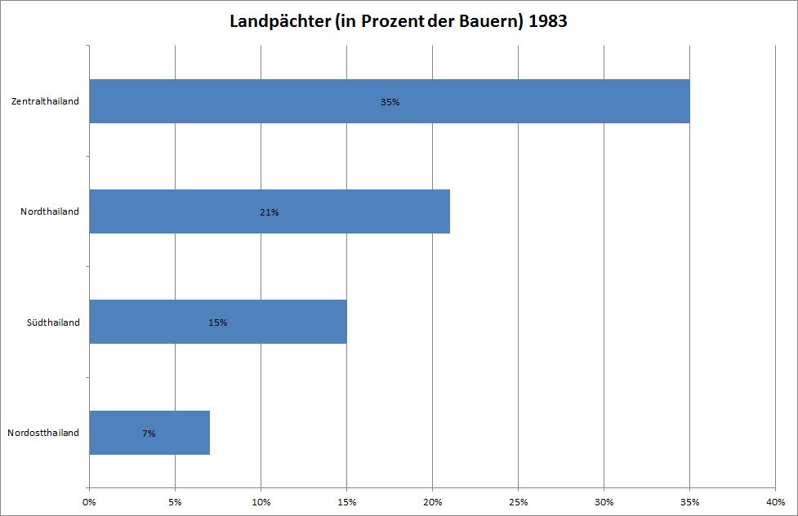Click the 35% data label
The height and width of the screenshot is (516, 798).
(x=390, y=102)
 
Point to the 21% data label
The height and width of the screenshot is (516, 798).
(x=270, y=212)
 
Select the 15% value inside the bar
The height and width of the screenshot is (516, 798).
(x=218, y=322)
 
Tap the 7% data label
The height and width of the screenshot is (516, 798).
(x=149, y=434)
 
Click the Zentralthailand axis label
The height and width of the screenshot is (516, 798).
(x=46, y=102)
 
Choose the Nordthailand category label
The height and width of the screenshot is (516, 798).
(x=51, y=212)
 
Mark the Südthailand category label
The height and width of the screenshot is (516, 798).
(x=52, y=322)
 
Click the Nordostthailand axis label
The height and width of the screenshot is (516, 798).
(x=43, y=433)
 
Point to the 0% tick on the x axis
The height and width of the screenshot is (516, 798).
(x=89, y=500)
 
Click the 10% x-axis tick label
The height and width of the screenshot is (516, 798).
(x=261, y=500)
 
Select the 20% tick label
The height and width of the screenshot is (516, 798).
(x=432, y=500)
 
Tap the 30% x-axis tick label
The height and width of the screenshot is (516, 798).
(x=604, y=500)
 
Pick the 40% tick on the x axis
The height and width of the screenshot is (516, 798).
(x=774, y=500)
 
